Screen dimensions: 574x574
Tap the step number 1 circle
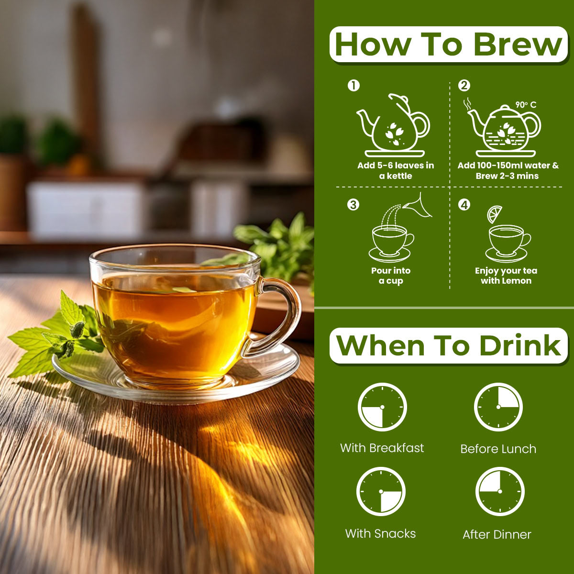click(353, 86)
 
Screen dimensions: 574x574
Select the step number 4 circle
click(464, 205)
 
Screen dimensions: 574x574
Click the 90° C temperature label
click(526, 105)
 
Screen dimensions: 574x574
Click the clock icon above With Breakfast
click(382, 407)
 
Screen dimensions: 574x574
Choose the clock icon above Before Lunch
click(498, 407)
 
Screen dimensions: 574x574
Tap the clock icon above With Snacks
click(381, 492)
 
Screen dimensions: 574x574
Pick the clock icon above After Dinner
click(500, 491)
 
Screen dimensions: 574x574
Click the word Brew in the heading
click(518, 44)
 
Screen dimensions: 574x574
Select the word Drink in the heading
click(520, 345)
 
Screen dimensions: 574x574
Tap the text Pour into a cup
click(391, 276)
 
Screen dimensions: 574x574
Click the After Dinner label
click(497, 535)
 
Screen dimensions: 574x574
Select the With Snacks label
click(380, 534)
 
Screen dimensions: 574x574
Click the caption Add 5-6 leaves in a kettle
click(396, 170)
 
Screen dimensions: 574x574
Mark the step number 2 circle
click(464, 86)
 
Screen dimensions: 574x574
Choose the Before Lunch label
click(498, 449)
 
